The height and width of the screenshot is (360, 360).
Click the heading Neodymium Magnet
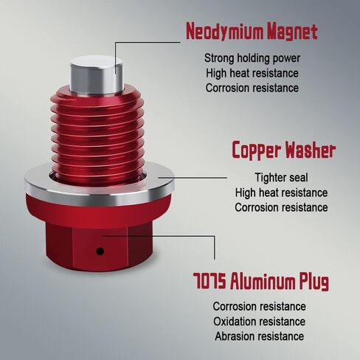click(x=252, y=31)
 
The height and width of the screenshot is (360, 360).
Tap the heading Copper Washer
click(x=284, y=150)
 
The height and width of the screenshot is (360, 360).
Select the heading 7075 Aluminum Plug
click(x=260, y=282)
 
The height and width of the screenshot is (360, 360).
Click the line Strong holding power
click(x=252, y=58)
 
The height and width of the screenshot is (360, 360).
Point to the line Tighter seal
click(x=281, y=178)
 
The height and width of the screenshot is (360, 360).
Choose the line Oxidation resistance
click(x=260, y=322)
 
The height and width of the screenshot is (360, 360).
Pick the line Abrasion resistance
click(x=260, y=336)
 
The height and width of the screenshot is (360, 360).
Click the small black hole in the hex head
click(x=100, y=251)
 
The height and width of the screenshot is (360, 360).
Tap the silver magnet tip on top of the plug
click(x=97, y=75)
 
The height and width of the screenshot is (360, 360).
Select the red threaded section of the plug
click(x=97, y=134)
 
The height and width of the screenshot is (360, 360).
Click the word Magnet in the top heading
click(x=292, y=32)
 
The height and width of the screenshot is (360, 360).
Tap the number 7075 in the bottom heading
click(x=209, y=281)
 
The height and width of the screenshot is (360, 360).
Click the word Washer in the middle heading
click(x=311, y=150)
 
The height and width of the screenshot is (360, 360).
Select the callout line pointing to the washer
click(x=193, y=178)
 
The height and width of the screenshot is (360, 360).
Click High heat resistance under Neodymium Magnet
click(x=252, y=73)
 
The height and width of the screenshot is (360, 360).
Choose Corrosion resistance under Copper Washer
click(x=281, y=207)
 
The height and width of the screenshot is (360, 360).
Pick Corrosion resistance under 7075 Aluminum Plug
click(x=260, y=306)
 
